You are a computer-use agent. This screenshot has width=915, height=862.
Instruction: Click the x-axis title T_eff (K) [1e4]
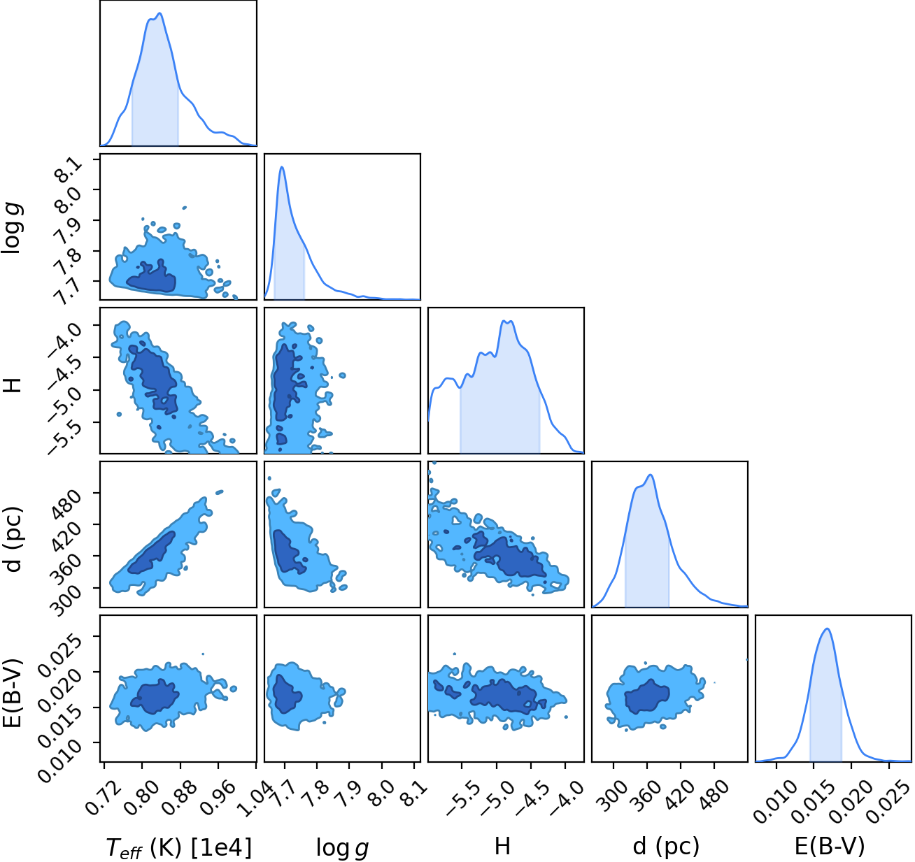pyautogui.click(x=179, y=847)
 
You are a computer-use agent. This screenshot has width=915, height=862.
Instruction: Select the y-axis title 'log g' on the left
pyautogui.click(x=11, y=229)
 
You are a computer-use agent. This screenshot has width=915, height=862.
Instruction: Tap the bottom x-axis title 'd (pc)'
pyautogui.click(x=666, y=845)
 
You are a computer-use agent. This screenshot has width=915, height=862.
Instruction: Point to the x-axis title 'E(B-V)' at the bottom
pyautogui.click(x=829, y=845)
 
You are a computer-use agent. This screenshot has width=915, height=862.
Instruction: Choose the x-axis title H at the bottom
pyautogui.click(x=502, y=846)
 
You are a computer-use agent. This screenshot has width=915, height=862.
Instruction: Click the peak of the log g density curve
pyautogui.click(x=281, y=166)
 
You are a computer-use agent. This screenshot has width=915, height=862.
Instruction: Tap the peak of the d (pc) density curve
pyautogui.click(x=651, y=475)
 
